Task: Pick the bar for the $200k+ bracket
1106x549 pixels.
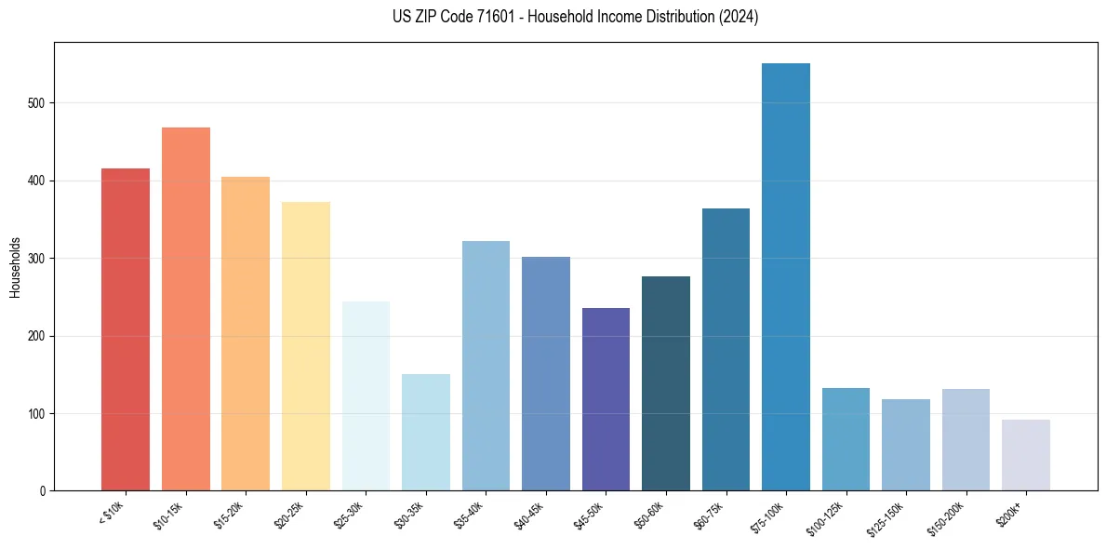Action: tap(1026, 455)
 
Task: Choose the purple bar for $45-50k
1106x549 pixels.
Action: tap(606, 399)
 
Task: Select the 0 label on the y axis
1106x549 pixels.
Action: tap(43, 490)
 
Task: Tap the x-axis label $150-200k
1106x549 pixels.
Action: tap(951, 517)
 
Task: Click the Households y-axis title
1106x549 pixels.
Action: tap(16, 266)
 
